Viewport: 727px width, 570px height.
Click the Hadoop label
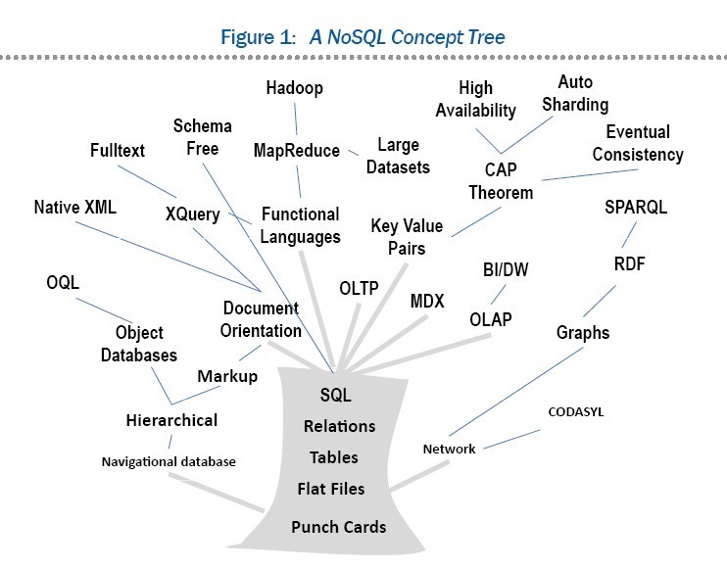click(295, 89)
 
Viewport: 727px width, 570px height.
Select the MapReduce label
click(296, 151)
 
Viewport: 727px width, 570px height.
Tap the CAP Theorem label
click(501, 182)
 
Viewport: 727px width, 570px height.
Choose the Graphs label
click(583, 332)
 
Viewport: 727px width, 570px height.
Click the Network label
click(449, 449)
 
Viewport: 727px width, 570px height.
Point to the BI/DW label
click(506, 269)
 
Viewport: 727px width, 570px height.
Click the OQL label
click(63, 282)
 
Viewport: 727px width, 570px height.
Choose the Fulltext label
click(117, 151)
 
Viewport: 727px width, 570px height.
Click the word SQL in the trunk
click(335, 396)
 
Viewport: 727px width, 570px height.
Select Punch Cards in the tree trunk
click(338, 527)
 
